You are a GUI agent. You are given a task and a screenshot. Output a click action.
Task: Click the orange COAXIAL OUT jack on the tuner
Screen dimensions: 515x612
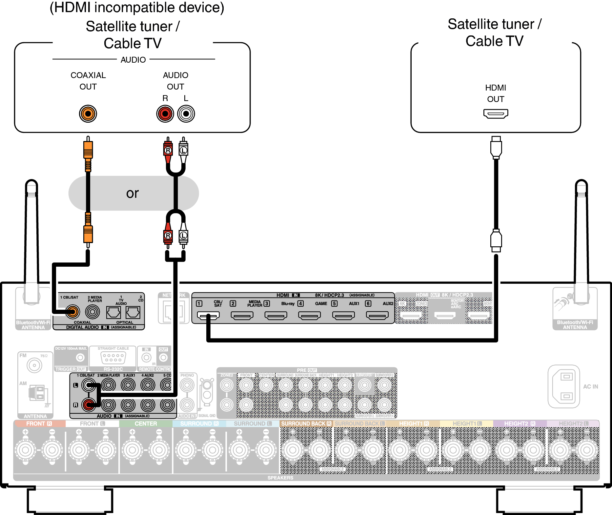pyautogui.click(x=88, y=114)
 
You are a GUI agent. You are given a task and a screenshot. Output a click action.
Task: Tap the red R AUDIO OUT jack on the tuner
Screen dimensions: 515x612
pyautogui.click(x=165, y=114)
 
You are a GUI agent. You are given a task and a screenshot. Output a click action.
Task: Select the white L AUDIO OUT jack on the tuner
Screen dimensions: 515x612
pyautogui.click(x=186, y=114)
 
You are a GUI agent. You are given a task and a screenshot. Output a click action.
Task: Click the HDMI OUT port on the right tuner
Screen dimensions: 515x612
pyautogui.click(x=496, y=114)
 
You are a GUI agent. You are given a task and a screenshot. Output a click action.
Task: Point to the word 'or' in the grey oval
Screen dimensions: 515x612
pyautogui.click(x=133, y=194)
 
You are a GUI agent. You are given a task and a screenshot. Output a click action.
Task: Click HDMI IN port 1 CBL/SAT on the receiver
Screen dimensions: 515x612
pyautogui.click(x=208, y=316)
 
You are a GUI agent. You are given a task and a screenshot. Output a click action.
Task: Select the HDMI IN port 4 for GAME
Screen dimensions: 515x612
pyautogui.click(x=310, y=316)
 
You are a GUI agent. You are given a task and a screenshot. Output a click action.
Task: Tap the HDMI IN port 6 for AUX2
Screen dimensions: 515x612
pyautogui.click(x=377, y=316)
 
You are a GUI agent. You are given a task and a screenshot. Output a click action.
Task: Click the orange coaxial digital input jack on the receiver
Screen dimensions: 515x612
pyautogui.click(x=73, y=312)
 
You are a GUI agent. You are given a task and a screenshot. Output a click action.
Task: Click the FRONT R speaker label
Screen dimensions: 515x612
pyautogui.click(x=39, y=423)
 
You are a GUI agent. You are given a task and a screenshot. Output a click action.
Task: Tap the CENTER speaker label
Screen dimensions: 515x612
pyautogui.click(x=146, y=423)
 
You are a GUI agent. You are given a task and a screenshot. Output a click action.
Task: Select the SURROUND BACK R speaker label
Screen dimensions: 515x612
pyautogui.click(x=306, y=423)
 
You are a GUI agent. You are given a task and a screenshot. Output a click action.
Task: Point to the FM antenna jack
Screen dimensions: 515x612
pyautogui.click(x=34, y=365)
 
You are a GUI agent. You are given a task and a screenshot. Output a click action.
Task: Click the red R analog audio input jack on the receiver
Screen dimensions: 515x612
pyautogui.click(x=88, y=405)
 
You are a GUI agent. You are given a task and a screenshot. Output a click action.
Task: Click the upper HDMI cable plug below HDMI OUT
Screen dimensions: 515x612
pyautogui.click(x=496, y=148)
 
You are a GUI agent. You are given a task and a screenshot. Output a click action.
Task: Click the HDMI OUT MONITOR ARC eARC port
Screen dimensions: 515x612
pyautogui.click(x=445, y=316)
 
